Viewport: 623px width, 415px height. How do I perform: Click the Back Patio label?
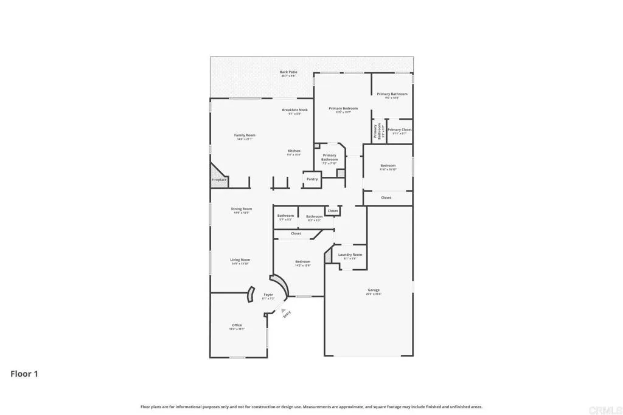tap(288, 72)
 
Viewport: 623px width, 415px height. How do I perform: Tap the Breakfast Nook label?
tap(294, 110)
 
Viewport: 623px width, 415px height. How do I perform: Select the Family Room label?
tap(245, 135)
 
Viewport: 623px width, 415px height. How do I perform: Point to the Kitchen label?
tap(294, 151)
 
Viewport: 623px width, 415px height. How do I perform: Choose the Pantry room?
tap(312, 179)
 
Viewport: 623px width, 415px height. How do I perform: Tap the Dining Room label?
tap(242, 209)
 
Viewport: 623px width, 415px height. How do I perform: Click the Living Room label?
tap(240, 259)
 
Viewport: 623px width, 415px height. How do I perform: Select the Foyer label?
tap(268, 295)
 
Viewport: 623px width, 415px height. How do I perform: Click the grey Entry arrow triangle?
tap(283, 309)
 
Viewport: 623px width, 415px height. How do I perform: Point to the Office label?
tap(237, 325)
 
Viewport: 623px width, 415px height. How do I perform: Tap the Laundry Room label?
tap(350, 255)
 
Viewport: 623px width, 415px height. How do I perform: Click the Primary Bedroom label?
tap(344, 108)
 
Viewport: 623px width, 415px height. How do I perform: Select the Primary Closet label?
tap(400, 129)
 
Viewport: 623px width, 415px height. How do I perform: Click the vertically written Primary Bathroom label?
tap(379, 131)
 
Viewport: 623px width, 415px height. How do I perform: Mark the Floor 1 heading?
tap(24, 374)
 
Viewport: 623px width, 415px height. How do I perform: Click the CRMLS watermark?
tap(608, 408)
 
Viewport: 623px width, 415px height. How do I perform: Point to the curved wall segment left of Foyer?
tap(250, 295)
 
